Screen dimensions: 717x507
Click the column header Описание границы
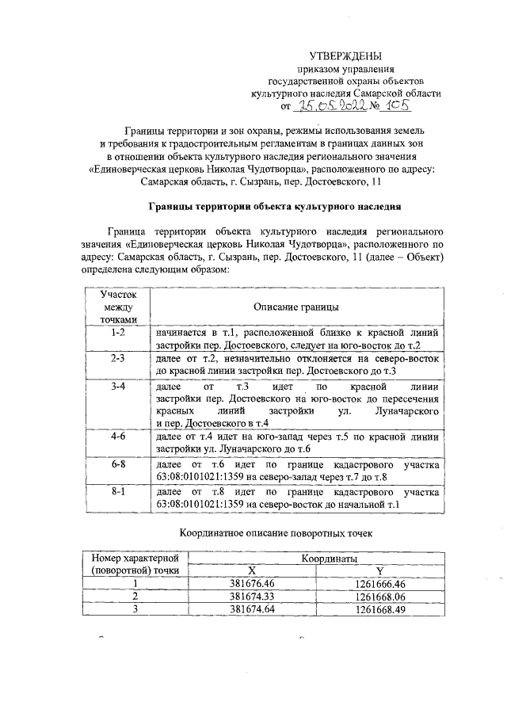tap(297, 307)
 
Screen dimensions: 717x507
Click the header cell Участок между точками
tap(117, 307)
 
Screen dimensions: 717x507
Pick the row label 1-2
tap(117, 333)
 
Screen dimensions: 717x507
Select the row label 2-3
tap(117, 358)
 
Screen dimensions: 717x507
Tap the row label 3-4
tap(117, 386)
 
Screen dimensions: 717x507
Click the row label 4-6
tap(117, 436)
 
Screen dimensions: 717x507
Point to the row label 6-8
tap(117, 462)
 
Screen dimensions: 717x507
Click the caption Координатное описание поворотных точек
tap(275, 533)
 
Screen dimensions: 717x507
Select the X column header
tap(251, 570)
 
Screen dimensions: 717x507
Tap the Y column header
tap(379, 570)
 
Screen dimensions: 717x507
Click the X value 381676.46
tap(251, 583)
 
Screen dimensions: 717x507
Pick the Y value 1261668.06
tap(379, 596)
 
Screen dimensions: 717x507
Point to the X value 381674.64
tap(251, 608)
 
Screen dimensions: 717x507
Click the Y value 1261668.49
tap(379, 608)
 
